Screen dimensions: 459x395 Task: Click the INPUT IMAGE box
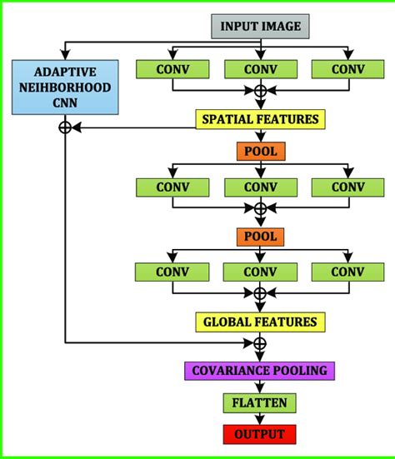(260, 26)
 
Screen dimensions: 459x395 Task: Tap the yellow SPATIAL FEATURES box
(260, 119)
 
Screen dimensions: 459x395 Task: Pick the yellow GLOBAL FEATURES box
(260, 322)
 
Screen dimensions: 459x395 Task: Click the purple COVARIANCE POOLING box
(260, 371)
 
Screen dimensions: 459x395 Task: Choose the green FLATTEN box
(260, 404)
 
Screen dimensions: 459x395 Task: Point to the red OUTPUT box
(260, 434)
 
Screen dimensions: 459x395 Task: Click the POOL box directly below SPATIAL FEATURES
(260, 152)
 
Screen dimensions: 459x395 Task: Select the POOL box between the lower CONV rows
(260, 237)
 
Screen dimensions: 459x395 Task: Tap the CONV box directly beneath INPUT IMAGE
(260, 70)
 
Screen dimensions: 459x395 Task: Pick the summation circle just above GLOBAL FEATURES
(260, 293)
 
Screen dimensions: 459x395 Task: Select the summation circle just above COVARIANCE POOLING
(260, 343)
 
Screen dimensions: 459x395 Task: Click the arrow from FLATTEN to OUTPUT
(260, 419)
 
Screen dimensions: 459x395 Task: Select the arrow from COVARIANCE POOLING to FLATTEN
(260, 387)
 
